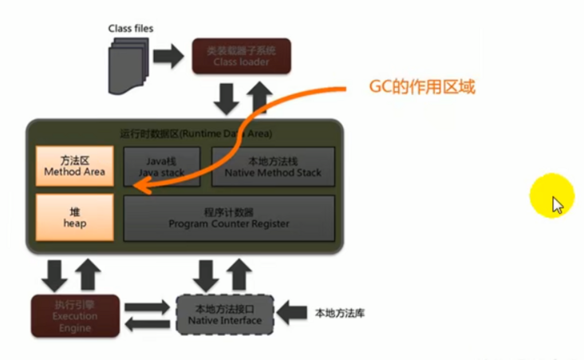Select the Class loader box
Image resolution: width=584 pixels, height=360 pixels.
[242, 56]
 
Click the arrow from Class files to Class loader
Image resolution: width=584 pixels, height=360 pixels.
[168, 56]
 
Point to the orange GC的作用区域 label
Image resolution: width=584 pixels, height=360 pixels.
[421, 88]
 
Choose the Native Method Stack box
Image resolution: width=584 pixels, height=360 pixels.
[273, 166]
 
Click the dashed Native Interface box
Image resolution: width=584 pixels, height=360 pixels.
[224, 315]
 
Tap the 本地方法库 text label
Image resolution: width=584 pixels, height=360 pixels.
[340, 313]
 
